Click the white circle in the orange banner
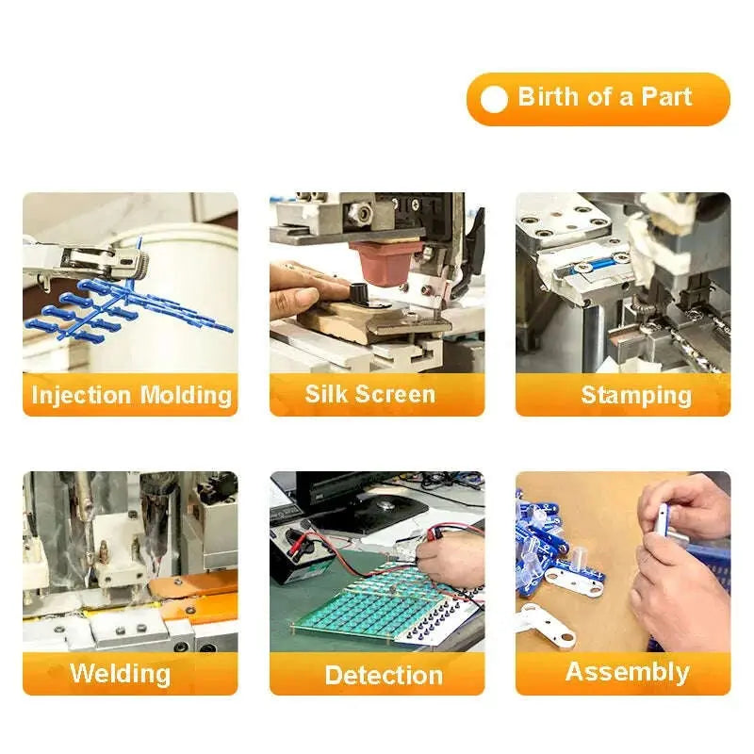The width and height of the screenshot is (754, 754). [x=493, y=100]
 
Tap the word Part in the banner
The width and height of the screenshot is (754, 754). [x=666, y=97]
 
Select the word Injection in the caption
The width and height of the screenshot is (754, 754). [x=81, y=396]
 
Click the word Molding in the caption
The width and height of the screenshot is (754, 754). [x=186, y=396]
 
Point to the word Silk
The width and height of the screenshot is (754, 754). [x=326, y=394]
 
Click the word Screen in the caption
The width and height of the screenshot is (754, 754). [x=395, y=394]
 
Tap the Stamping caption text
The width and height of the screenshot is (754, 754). [x=636, y=396]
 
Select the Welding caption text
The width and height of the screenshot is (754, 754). [x=121, y=674]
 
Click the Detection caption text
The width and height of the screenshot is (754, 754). [x=384, y=675]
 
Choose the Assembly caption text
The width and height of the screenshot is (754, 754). [x=627, y=672]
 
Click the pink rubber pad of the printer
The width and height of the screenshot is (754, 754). [x=386, y=263]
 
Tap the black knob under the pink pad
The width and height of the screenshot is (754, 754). [x=359, y=293]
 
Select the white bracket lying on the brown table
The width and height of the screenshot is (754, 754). [x=548, y=625]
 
